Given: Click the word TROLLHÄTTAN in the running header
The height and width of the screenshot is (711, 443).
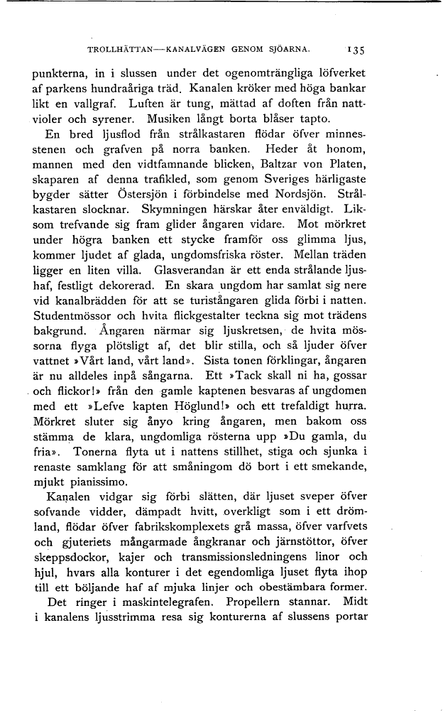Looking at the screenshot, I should [x=119, y=50].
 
